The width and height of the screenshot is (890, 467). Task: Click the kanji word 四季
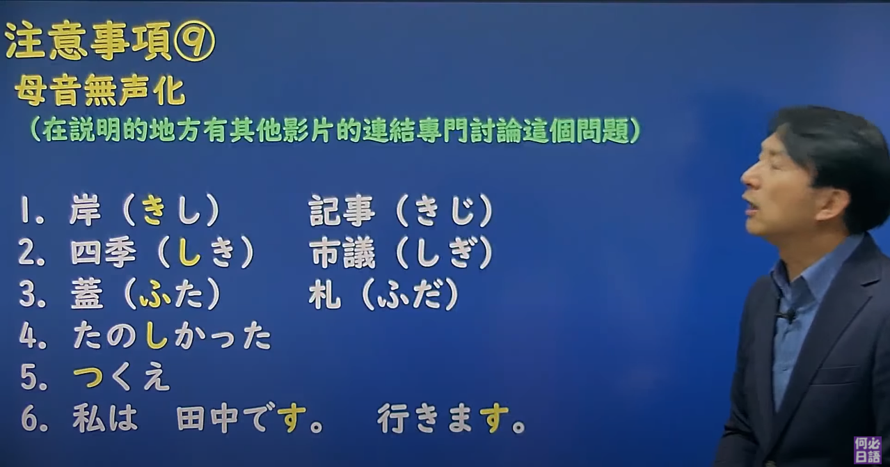pyautogui.click(x=103, y=254)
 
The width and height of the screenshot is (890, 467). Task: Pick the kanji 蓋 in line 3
pyautogui.click(x=86, y=296)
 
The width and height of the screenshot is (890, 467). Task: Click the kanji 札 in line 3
pyautogui.click(x=325, y=296)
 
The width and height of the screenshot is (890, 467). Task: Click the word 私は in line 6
pyautogui.click(x=105, y=419)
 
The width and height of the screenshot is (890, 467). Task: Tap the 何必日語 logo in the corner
pyautogui.click(x=868, y=450)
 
